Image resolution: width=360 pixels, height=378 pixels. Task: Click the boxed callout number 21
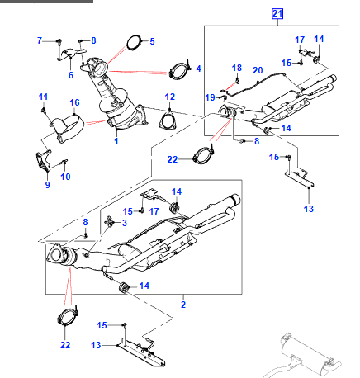277,12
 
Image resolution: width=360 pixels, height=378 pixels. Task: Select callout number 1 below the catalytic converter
116,142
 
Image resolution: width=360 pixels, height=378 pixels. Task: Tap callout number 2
124,223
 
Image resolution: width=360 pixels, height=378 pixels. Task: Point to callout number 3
198,68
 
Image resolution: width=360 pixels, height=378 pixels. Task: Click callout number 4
152,40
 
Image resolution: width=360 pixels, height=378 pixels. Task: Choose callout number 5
70,75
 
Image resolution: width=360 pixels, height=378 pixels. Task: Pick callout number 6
40,40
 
